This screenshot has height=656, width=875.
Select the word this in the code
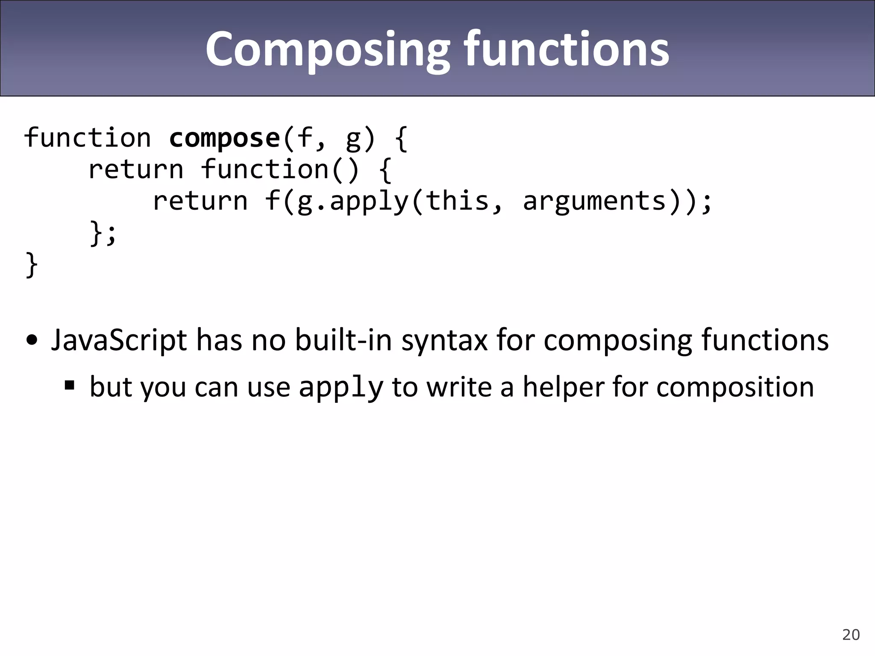click(x=458, y=201)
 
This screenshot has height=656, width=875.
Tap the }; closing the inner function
click(x=103, y=233)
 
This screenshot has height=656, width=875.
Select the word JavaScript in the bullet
click(x=119, y=340)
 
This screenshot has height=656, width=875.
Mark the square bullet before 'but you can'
click(x=70, y=386)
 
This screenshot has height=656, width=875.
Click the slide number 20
click(x=851, y=635)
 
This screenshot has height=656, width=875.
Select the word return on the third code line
click(x=200, y=201)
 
